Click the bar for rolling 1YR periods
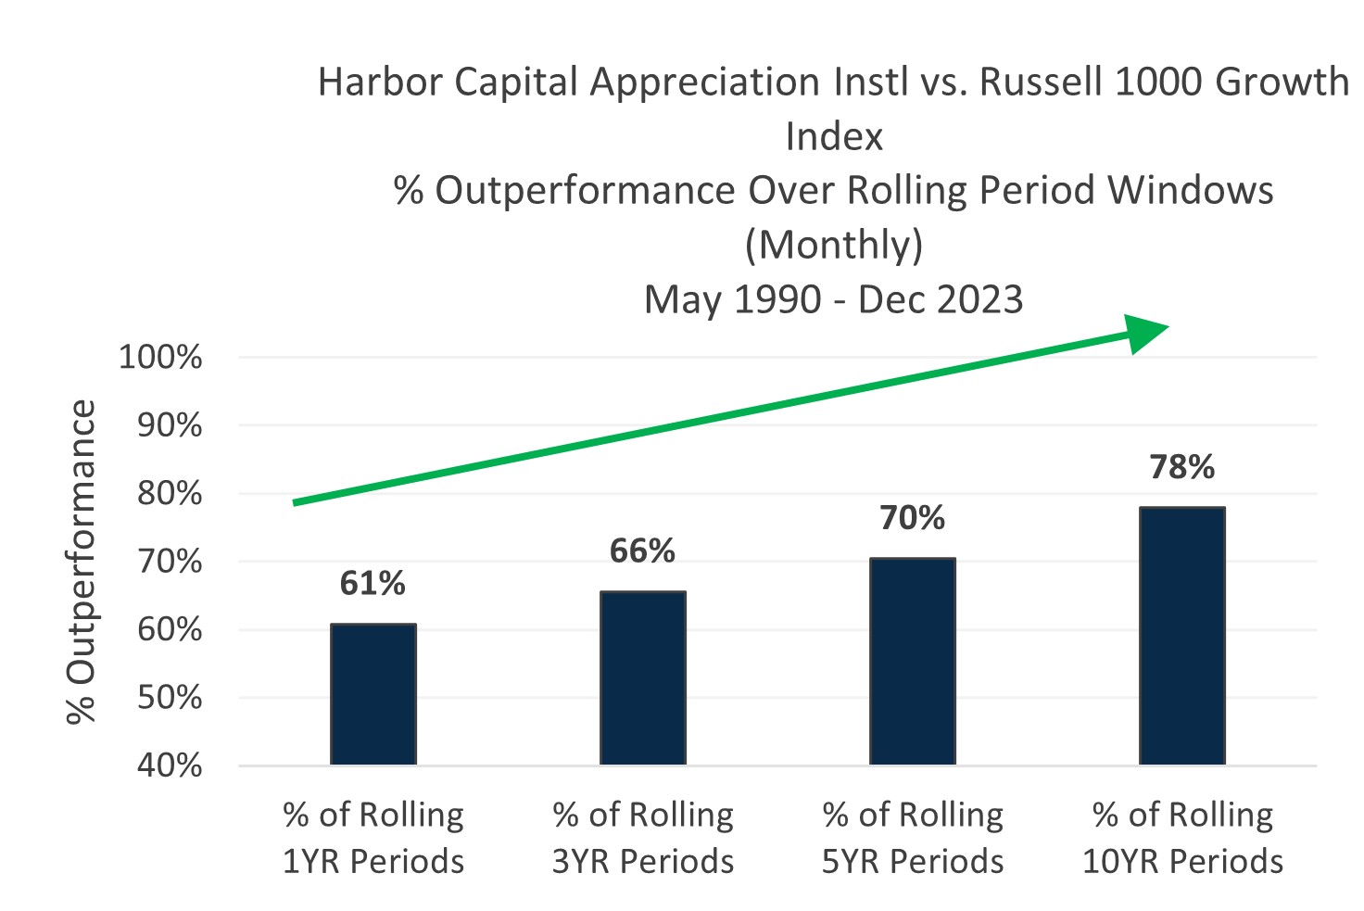373,694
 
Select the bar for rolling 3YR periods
643,677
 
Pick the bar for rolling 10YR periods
1182,636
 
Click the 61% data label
373,583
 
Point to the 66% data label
642,550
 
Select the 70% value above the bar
913,517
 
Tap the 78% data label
1182,466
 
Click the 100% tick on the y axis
160,357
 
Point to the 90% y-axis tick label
169,425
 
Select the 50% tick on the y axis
169,697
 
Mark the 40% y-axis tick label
169,765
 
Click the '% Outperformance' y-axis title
82,562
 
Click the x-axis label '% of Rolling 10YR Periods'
1182,838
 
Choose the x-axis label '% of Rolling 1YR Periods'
373,838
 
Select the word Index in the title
834,137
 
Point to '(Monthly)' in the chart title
834,245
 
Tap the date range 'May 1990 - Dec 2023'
834,299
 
